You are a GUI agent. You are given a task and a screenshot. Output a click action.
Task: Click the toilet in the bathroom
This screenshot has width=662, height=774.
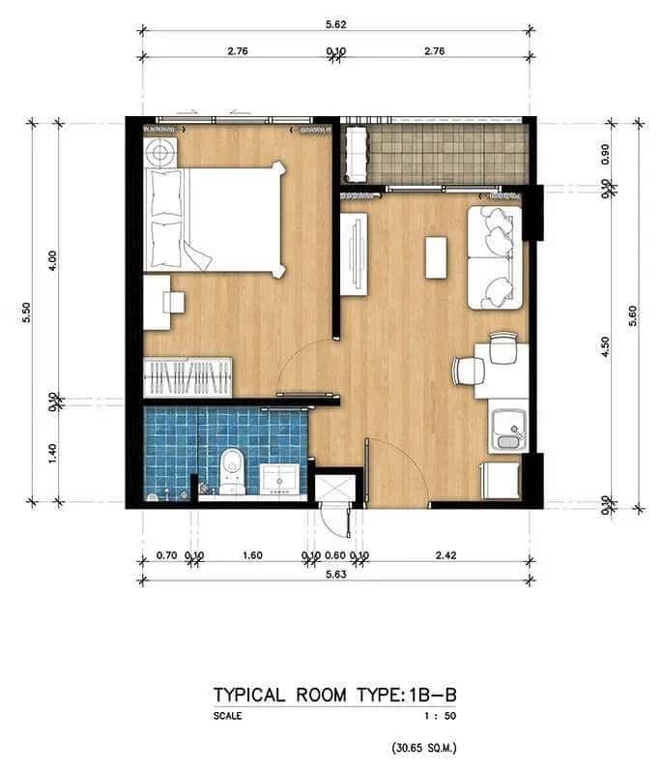pos(232,466)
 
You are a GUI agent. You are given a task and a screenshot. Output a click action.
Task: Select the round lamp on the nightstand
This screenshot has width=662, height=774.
pos(160,152)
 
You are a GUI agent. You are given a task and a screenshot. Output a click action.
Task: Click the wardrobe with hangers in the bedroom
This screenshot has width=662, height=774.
pos(187,376)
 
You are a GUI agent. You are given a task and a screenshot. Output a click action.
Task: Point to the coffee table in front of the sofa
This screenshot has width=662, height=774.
pos(437,257)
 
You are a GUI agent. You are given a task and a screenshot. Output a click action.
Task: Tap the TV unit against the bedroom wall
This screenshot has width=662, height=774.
pos(354,253)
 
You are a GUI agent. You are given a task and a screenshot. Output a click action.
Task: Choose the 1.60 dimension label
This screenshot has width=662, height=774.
pos(252,555)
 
